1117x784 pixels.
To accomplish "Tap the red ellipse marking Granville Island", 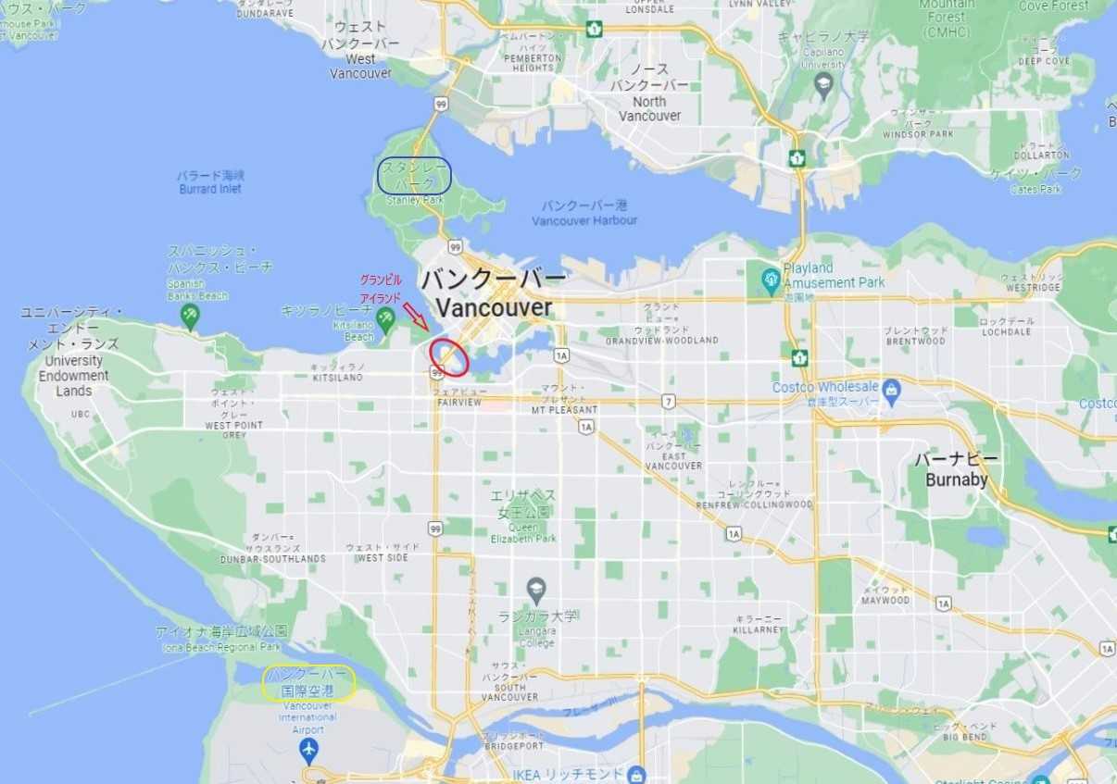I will pos(449,357).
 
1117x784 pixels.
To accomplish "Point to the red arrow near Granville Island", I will pos(416,317).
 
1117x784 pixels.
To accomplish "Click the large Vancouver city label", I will pos(494,293).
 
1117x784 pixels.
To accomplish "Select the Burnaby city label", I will pos(956,470).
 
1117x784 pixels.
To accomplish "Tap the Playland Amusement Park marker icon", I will pos(771,277).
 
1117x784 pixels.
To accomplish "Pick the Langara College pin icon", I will pos(536,589).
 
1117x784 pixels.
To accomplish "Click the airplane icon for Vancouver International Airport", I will pos(309,748).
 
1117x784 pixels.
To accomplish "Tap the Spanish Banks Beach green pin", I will pos(191,316).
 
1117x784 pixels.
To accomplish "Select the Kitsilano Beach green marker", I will pos(385,318).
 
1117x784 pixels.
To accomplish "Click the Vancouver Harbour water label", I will pos(584,213).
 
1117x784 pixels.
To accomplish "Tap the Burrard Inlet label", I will pos(210,181).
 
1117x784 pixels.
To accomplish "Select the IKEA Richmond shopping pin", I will pos(635,774).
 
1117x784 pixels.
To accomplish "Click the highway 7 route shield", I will pos(669,401).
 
